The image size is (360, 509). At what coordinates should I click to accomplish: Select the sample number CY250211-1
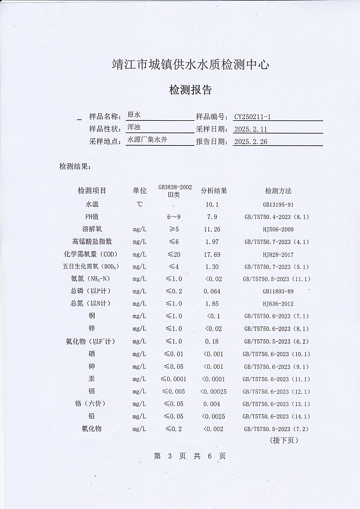tap(257, 116)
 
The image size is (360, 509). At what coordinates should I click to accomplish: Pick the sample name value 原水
tap(134, 115)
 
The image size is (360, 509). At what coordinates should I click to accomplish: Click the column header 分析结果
tap(214, 191)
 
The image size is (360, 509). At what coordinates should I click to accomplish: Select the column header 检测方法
tap(278, 191)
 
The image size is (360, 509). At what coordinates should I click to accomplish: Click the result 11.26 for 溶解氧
tap(213, 229)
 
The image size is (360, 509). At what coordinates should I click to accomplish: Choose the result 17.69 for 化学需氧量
tap(213, 254)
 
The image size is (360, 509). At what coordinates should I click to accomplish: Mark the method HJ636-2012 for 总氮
tap(278, 303)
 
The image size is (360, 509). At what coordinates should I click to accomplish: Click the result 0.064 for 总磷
tap(212, 291)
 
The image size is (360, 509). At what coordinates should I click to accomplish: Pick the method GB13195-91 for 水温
tap(278, 205)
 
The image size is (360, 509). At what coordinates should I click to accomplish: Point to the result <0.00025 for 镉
tap(213, 391)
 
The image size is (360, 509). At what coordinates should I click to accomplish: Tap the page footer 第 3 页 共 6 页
tap(189, 456)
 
